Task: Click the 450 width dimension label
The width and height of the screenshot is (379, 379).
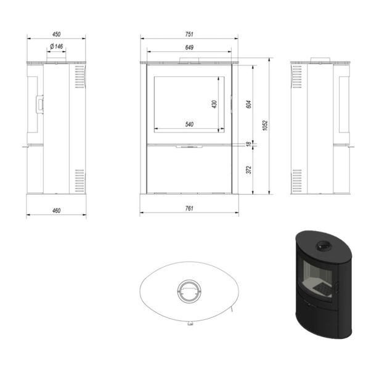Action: coord(56,35)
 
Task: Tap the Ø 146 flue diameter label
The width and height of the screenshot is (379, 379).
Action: coord(56,46)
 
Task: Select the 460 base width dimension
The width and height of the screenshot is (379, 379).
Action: coord(56,211)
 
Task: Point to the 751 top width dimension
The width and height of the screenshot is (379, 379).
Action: coord(189,35)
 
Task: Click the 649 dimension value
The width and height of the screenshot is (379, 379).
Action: coord(189,47)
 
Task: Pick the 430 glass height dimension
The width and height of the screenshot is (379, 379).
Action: coord(214,104)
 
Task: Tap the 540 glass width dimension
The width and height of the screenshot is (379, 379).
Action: coord(189,124)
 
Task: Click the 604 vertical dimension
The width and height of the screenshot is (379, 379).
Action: coord(249,104)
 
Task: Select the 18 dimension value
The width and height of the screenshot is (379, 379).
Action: coord(248,144)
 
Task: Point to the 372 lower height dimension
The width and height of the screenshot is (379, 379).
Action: coord(249,170)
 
